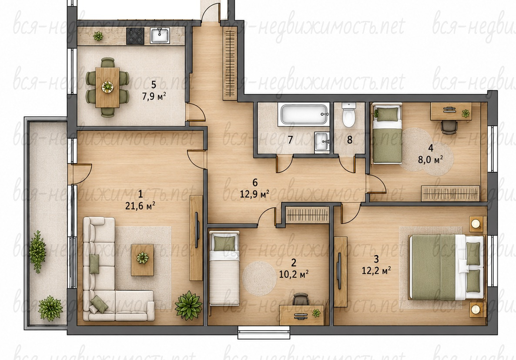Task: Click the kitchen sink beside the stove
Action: coord(160,36)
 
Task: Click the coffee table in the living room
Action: coord(143,260)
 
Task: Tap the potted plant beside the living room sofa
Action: coord(188,305)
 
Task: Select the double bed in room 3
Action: coord(447,267)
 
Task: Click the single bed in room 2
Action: coord(224,268)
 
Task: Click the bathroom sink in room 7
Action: coord(322,142)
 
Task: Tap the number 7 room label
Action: coord(290,140)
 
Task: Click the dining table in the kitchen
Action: coord(107,87)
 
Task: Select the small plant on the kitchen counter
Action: coord(98,36)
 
